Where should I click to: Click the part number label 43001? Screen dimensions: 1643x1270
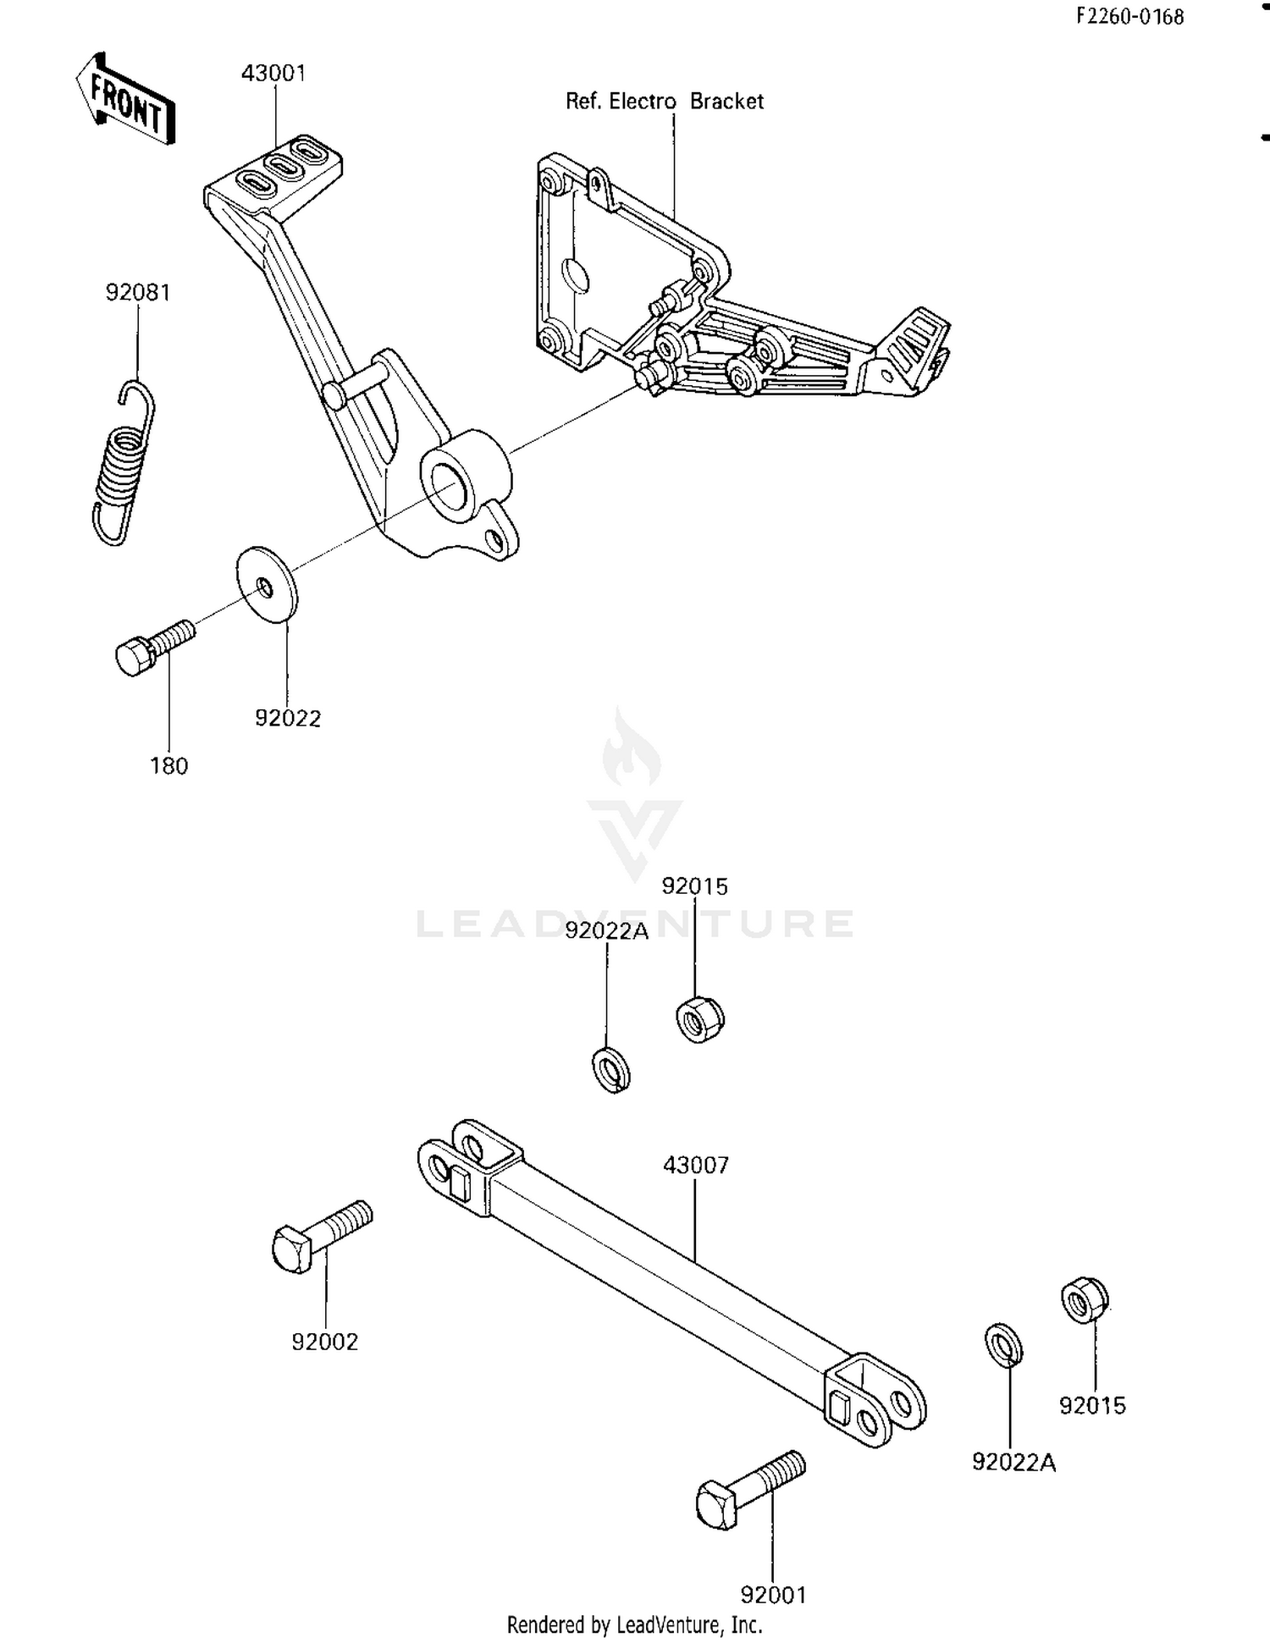click(273, 74)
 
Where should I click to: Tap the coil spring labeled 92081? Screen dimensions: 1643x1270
click(124, 463)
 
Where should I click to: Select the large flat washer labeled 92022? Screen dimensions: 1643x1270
click(267, 585)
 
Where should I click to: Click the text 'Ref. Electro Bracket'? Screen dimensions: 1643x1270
click(664, 102)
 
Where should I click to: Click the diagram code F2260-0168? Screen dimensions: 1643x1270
click(1129, 16)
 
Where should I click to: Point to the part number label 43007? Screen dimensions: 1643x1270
click(695, 1166)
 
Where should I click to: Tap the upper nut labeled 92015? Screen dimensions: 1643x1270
click(700, 1019)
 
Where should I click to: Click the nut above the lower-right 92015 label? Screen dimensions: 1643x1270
click(1084, 1301)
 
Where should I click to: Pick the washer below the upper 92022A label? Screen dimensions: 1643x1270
click(610, 1070)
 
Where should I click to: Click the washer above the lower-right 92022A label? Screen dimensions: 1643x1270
click(1003, 1345)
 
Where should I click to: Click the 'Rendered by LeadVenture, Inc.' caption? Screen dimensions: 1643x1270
click(634, 1624)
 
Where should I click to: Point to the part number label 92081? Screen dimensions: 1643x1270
click(138, 293)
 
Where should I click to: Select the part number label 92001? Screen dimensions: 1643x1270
click(773, 1595)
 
